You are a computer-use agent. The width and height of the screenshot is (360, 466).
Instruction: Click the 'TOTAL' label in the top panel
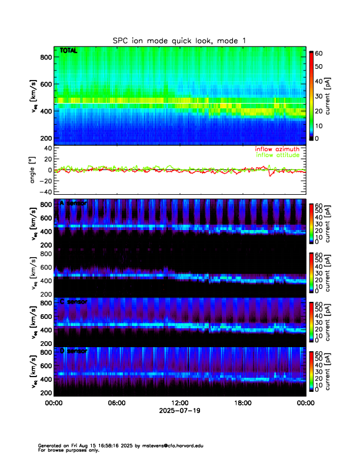click(x=69, y=51)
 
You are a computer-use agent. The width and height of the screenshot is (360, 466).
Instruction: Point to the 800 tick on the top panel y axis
click(x=46, y=57)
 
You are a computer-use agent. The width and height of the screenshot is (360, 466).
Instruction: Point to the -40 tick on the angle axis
click(x=44, y=192)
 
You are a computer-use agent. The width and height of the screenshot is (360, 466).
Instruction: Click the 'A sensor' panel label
click(x=73, y=204)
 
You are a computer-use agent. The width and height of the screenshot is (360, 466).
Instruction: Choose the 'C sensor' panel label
click(x=73, y=302)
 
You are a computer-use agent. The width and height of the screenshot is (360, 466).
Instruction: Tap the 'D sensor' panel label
click(x=73, y=351)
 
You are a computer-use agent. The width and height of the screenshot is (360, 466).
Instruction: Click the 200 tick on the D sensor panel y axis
click(x=46, y=392)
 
